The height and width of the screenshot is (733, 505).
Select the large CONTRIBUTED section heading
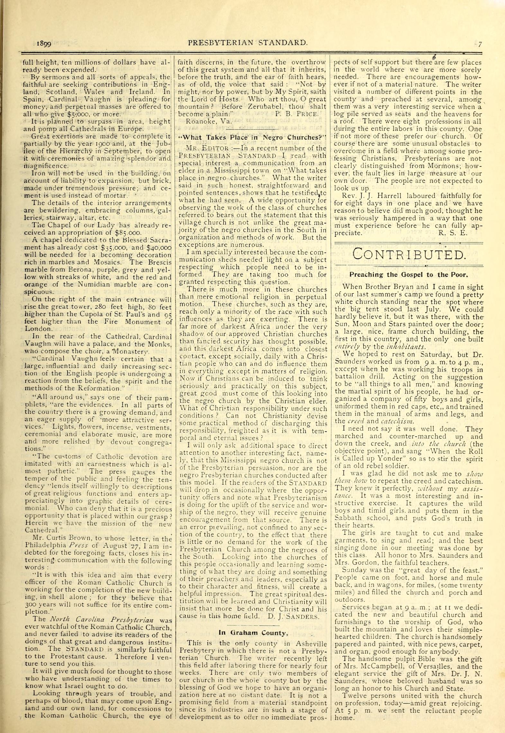(x=409, y=255)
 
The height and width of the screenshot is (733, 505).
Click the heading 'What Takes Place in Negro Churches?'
(x=252, y=137)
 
